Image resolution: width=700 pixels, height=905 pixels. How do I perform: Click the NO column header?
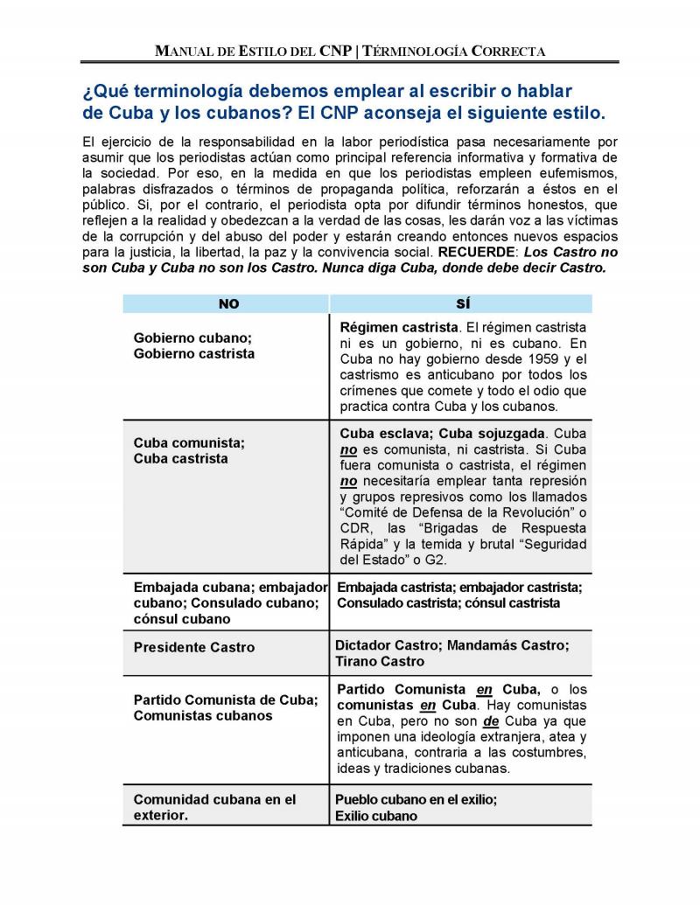point(227,303)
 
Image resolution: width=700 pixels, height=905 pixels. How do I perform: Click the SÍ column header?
point(462,303)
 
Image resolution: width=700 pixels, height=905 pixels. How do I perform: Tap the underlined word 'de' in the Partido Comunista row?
point(491,721)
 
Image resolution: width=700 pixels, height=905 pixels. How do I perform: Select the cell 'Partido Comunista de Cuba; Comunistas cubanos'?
point(225,707)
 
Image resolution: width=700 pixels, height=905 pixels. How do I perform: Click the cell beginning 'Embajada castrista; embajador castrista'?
point(459,595)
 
